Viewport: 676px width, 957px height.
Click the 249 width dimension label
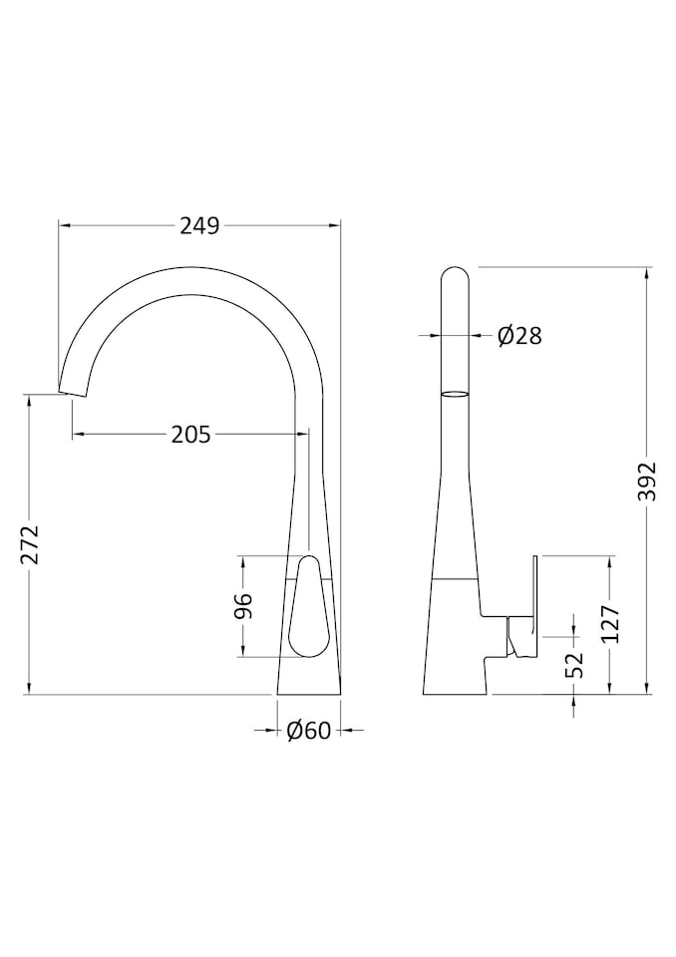click(199, 226)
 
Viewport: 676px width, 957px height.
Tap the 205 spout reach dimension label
click(190, 435)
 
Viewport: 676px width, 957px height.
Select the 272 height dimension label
click(29, 544)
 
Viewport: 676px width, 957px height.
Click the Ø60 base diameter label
click(308, 731)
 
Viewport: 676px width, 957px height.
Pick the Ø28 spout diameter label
click(519, 336)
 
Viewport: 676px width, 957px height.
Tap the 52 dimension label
click(574, 665)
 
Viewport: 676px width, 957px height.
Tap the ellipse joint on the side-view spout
click(454, 394)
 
